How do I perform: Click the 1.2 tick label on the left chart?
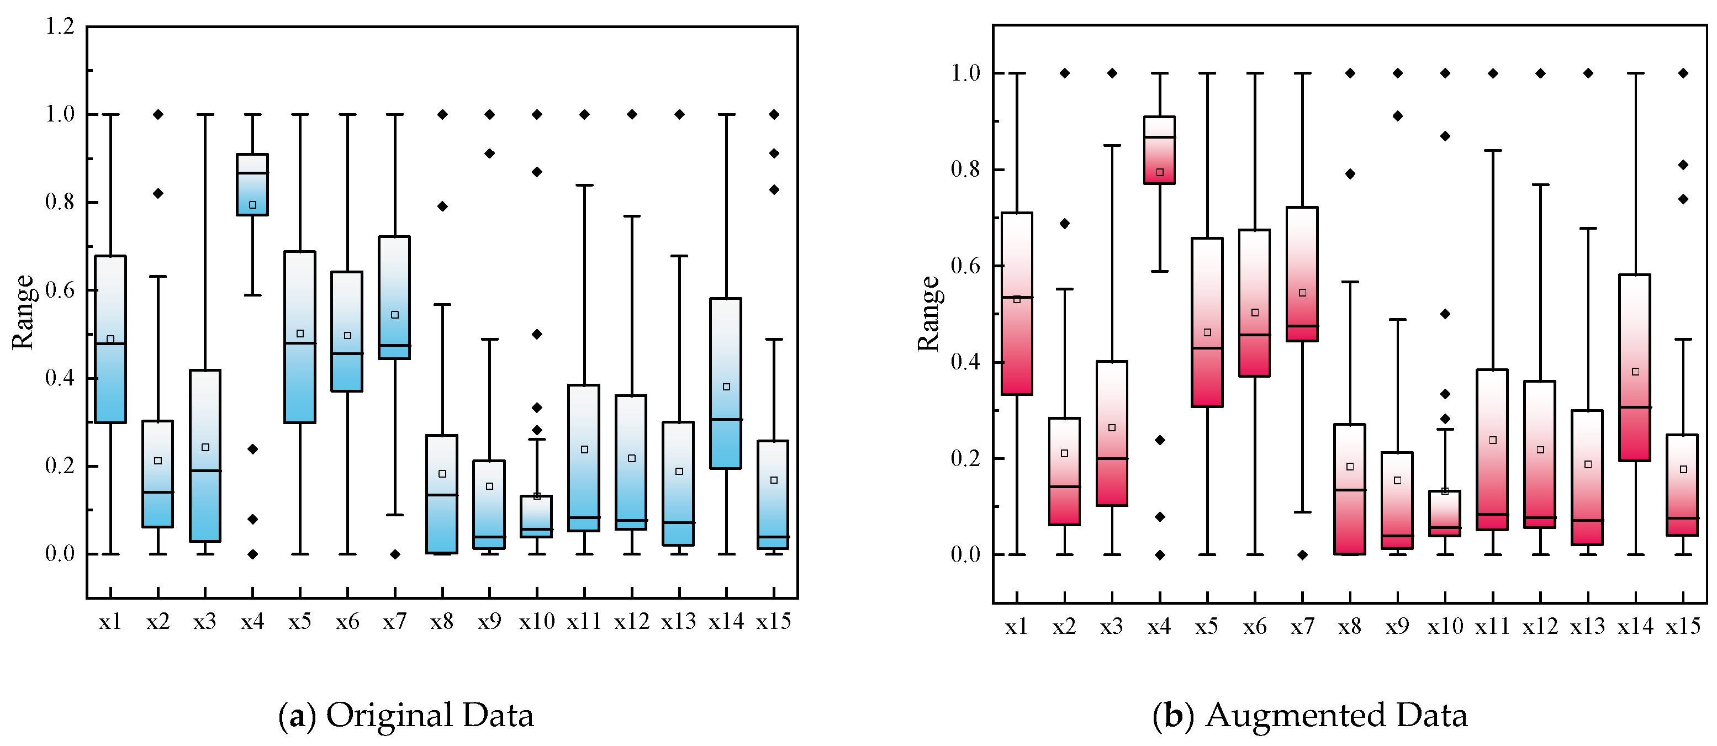60,27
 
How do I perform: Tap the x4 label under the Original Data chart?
252,621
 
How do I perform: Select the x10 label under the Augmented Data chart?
1445,626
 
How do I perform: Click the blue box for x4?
252,184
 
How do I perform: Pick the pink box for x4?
1160,150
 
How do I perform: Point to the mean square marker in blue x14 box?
727,387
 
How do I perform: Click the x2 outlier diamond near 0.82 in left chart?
158,193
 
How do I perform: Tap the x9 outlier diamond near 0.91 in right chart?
1398,116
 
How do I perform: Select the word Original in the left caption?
390,715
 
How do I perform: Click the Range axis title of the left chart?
23,311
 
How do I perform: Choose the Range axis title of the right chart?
928,313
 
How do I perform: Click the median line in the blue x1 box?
110,343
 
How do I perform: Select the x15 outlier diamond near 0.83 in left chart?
774,190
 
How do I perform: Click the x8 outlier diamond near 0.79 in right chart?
1350,174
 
